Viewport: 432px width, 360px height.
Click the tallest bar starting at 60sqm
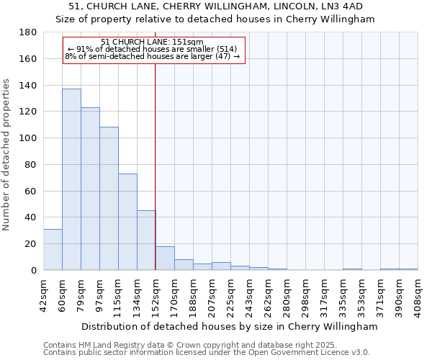pos(71,179)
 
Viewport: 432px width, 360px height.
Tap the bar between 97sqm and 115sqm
pos(109,199)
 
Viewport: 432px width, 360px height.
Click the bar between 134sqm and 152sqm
pos(146,240)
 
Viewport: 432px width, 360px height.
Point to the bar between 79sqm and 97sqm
pos(90,189)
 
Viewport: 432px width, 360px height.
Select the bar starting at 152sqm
pos(165,258)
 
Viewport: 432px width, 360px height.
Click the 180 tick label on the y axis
pos(28,32)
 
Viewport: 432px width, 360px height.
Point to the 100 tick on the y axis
pos(28,138)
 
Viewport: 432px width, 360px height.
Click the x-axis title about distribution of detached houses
pos(230,326)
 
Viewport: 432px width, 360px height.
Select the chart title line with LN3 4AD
pos(216,6)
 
